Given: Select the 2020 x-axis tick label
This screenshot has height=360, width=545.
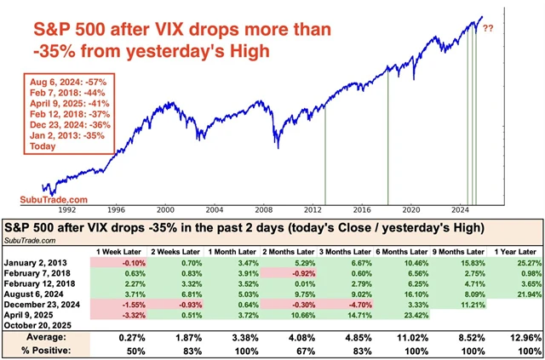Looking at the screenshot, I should (411, 209).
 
